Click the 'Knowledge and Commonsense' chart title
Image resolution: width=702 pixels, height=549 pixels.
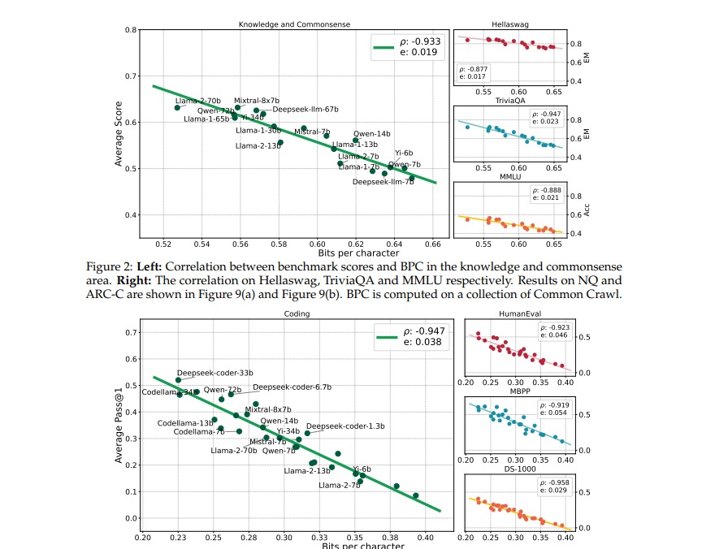click(294, 24)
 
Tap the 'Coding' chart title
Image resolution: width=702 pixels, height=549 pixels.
click(294, 314)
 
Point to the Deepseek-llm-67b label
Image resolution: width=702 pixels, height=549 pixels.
click(305, 109)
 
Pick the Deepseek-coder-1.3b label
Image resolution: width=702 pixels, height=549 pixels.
click(345, 426)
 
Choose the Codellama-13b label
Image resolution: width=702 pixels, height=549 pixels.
click(184, 423)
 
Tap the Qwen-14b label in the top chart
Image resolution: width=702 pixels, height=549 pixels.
click(371, 133)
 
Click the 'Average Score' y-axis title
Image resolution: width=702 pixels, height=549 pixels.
click(119, 135)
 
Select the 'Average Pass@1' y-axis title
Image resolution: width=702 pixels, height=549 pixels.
click(119, 424)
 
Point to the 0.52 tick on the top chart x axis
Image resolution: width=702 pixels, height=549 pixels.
click(163, 243)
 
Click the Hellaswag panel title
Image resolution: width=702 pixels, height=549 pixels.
click(510, 24)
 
